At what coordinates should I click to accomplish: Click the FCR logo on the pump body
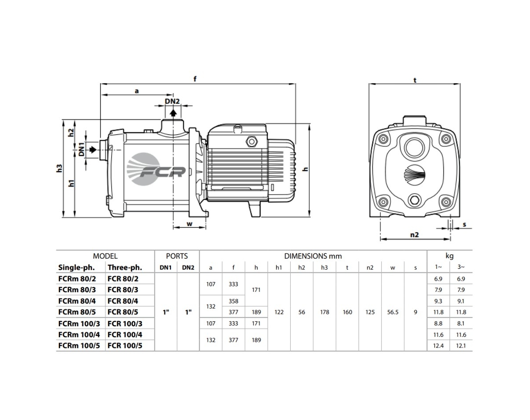[156, 169]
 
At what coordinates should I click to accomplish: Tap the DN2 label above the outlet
[172, 101]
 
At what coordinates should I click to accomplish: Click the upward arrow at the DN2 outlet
[174, 113]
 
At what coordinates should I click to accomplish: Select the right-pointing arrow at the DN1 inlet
[93, 149]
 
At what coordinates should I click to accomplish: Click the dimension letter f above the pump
[195, 79]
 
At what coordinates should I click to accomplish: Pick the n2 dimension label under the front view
[414, 235]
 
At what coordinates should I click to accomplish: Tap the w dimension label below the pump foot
[189, 224]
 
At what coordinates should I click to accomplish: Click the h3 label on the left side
[59, 168]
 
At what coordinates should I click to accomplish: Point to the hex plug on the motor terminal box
[251, 141]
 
